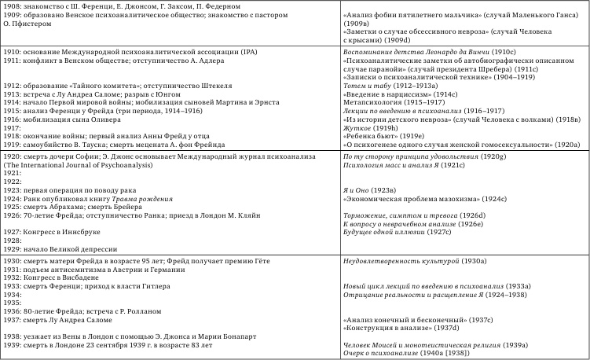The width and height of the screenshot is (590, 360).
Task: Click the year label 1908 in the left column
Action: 12,6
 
